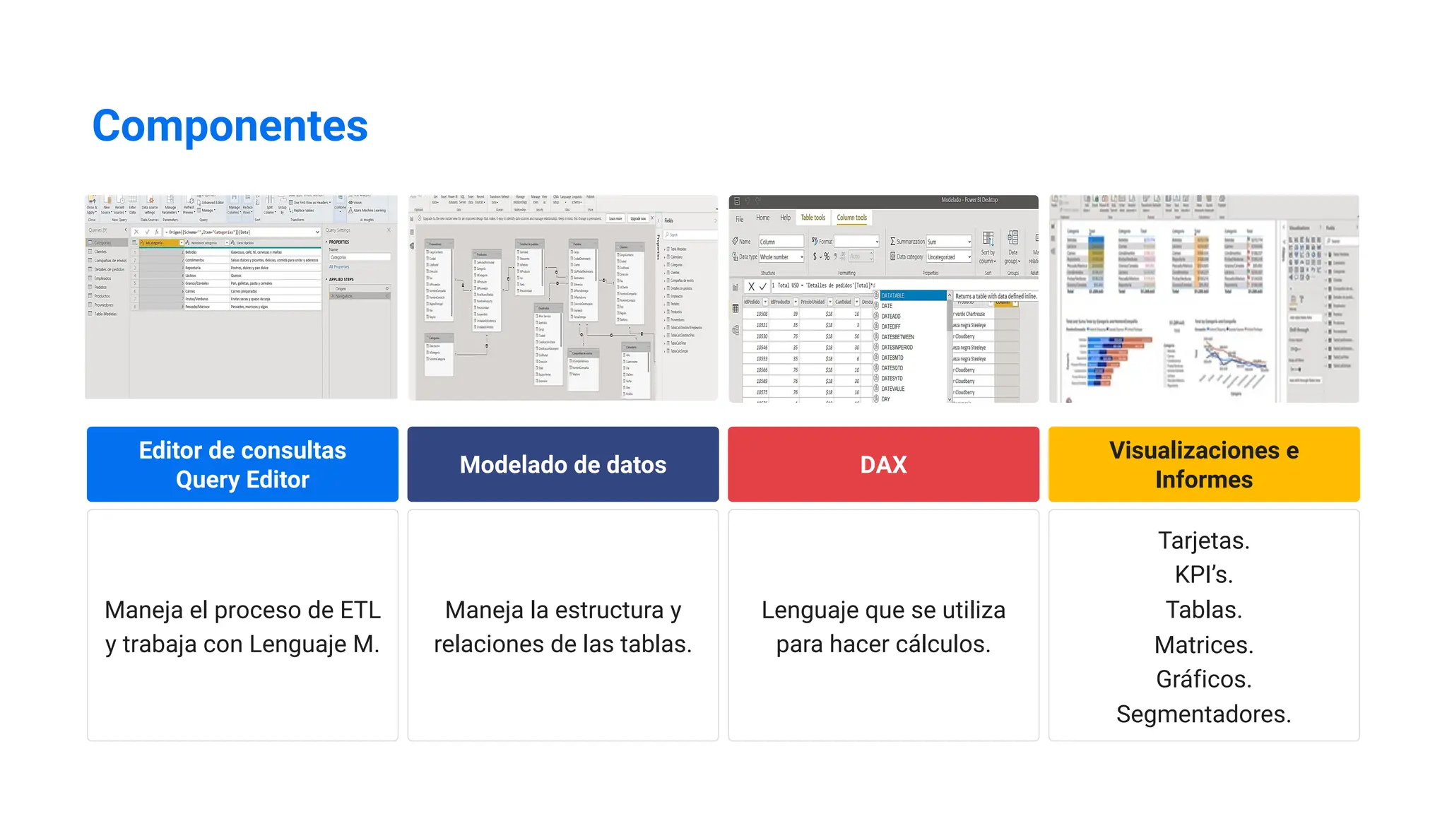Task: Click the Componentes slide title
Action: coord(230,126)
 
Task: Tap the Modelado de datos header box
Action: coord(562,464)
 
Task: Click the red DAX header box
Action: coord(883,464)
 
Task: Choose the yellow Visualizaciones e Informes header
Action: coord(1203,464)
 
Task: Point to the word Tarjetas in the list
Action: coord(1203,541)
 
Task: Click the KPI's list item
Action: coord(1203,575)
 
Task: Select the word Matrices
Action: coord(1203,644)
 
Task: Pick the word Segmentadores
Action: coord(1203,714)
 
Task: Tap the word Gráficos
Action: coord(1203,679)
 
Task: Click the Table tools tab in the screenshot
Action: coord(813,218)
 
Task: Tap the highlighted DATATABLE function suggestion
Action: coord(893,296)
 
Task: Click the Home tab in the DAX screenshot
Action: coord(762,218)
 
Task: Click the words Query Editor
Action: coord(242,480)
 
